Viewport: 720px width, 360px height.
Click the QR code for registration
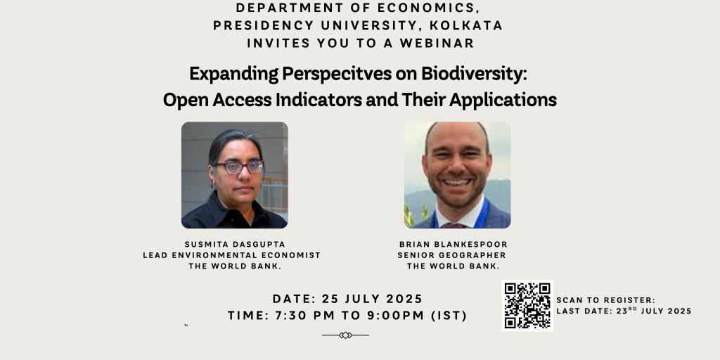[527, 305]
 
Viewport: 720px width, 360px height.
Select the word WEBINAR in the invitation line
[437, 43]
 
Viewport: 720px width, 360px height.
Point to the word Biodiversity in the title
[474, 73]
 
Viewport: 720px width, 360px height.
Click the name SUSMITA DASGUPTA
[235, 244]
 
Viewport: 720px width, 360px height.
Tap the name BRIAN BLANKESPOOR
[454, 244]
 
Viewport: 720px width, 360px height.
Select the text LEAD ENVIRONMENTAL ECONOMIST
[232, 255]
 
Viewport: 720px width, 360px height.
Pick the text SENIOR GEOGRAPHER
[452, 255]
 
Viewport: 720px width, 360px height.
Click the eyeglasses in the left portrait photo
[239, 167]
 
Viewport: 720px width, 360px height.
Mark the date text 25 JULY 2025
[372, 299]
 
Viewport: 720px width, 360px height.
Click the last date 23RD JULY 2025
[654, 311]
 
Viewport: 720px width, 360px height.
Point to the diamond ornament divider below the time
[345, 335]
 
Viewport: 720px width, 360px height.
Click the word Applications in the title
[503, 100]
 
